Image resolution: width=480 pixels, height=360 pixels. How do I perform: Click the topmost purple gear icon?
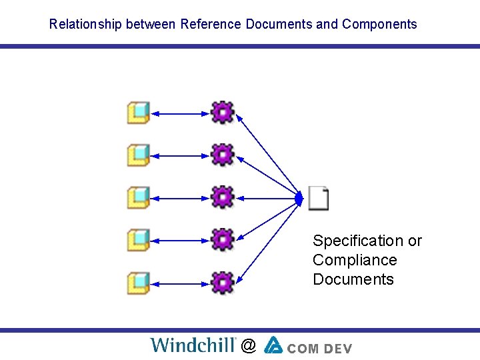pyautogui.click(x=222, y=112)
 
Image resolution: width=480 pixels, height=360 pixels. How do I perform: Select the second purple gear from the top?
pyautogui.click(x=222, y=155)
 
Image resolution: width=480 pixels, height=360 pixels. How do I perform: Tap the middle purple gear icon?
pyautogui.click(x=222, y=197)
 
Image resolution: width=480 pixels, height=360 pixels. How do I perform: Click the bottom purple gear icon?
pyautogui.click(x=222, y=282)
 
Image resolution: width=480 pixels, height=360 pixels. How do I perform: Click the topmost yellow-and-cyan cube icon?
pyautogui.click(x=138, y=113)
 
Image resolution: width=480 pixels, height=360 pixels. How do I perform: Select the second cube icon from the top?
pyautogui.click(x=138, y=155)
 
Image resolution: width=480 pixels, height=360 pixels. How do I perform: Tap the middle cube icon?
pyautogui.click(x=138, y=197)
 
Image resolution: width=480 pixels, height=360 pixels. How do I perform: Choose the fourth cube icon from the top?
pyautogui.click(x=138, y=239)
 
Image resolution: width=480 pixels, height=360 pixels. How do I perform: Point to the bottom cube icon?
pyautogui.click(x=138, y=283)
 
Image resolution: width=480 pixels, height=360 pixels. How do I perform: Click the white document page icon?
pyautogui.click(x=319, y=198)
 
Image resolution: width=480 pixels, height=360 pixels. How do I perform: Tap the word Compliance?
pyautogui.click(x=355, y=260)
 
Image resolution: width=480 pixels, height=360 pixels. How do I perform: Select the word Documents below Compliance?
pyautogui.click(x=353, y=279)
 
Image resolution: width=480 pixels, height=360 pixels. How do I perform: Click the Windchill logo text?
pyautogui.click(x=193, y=345)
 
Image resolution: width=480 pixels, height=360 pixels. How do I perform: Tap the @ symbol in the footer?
pyautogui.click(x=248, y=345)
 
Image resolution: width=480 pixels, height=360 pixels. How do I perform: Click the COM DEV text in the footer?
pyautogui.click(x=320, y=347)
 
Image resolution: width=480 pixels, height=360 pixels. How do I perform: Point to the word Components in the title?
pyautogui.click(x=379, y=25)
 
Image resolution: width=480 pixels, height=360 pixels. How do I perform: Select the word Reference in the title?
pyautogui.click(x=211, y=25)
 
